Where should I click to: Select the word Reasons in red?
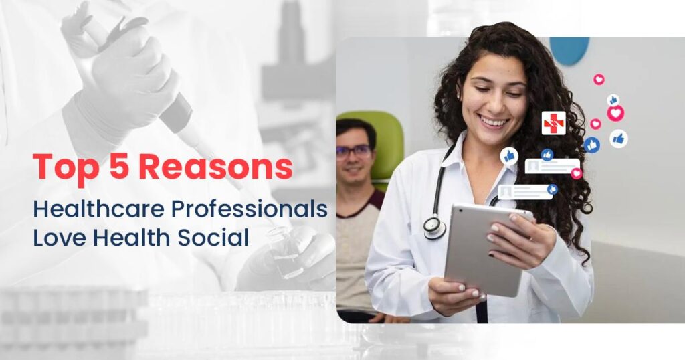pos(216,167)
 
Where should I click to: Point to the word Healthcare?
pos(98,209)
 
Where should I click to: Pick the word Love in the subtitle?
pos(59,238)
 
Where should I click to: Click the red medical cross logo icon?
pos(553,123)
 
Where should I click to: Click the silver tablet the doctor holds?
pos(485,250)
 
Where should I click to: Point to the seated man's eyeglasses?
pos(354,152)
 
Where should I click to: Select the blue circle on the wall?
pos(569,49)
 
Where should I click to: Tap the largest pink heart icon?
pos(615,114)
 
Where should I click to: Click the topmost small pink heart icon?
pos(599,80)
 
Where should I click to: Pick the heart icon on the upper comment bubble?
pos(577,173)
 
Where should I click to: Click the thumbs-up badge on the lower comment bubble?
pos(552,189)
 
